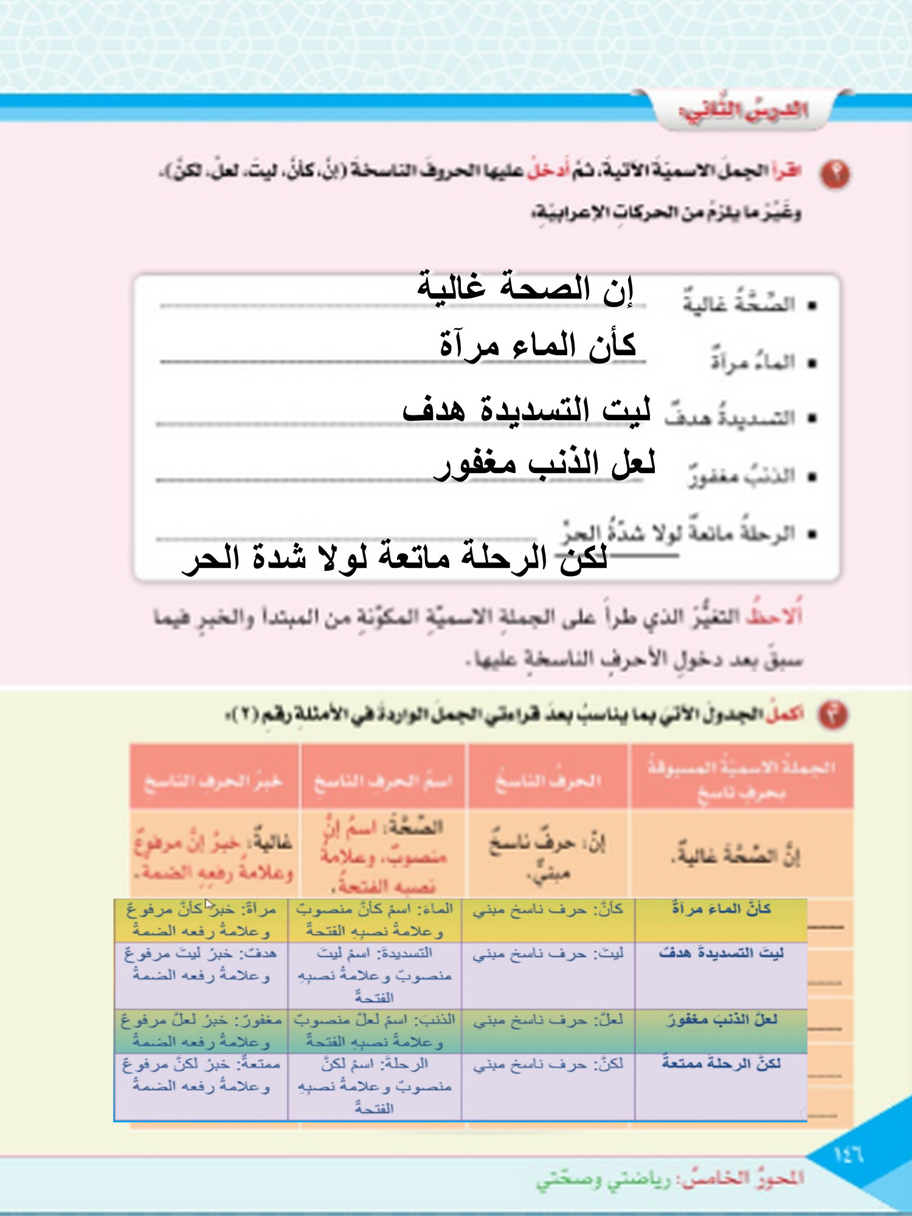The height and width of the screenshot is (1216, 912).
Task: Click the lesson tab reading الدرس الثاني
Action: [x=743, y=111]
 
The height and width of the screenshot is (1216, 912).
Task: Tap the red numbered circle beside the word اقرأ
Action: [x=835, y=174]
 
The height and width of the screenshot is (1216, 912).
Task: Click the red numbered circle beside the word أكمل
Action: [x=833, y=715]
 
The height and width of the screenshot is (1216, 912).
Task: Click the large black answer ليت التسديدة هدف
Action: [x=527, y=410]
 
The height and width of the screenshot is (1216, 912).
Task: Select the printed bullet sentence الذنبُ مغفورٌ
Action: [x=742, y=476]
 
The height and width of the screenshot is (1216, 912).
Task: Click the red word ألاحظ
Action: [x=775, y=617]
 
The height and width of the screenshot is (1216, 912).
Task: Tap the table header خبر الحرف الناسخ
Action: [x=213, y=781]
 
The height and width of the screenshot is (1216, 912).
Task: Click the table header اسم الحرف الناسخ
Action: [x=383, y=781]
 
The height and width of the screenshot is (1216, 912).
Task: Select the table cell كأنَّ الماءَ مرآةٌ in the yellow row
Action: [x=721, y=910]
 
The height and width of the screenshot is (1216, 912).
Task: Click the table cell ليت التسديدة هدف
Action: [x=721, y=953]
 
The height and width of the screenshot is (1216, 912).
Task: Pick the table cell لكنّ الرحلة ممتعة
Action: [x=721, y=1064]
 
